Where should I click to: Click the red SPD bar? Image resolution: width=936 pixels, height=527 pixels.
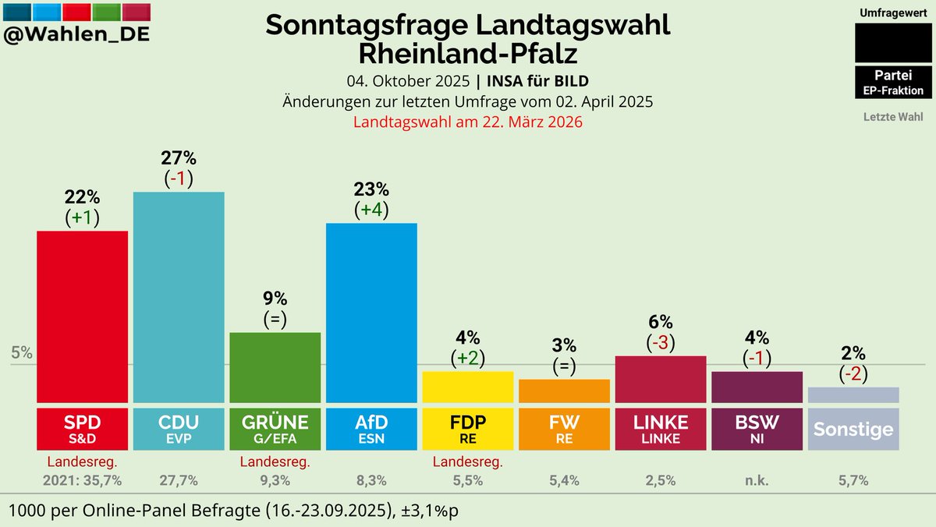pyautogui.click(x=83, y=316)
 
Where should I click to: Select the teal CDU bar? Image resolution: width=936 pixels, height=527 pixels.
pyautogui.click(x=179, y=296)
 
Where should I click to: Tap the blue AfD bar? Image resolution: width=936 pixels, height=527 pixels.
pyautogui.click(x=371, y=312)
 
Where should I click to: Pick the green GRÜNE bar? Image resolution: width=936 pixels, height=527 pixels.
pyautogui.click(x=275, y=366)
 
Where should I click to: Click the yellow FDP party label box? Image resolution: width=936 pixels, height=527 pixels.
pyautogui.click(x=467, y=428)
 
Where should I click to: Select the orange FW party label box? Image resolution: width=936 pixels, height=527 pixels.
pyautogui.click(x=564, y=428)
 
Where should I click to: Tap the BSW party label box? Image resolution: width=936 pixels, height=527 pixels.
pyautogui.click(x=757, y=428)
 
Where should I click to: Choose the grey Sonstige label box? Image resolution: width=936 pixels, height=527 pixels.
pyautogui.click(x=853, y=428)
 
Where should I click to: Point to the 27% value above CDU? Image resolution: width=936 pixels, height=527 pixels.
pyautogui.click(x=178, y=157)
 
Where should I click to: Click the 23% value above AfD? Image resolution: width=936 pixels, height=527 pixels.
pyautogui.click(x=371, y=189)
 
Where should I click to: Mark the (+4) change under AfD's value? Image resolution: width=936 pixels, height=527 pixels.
pyautogui.click(x=371, y=210)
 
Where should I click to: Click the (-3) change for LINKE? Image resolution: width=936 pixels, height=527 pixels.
pyautogui.click(x=661, y=342)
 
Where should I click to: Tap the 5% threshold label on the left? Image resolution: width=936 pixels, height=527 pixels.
pyautogui.click(x=22, y=352)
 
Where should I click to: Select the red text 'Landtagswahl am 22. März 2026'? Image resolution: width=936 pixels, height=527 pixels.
pyautogui.click(x=468, y=122)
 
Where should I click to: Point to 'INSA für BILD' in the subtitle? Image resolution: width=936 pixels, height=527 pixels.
pyautogui.click(x=538, y=82)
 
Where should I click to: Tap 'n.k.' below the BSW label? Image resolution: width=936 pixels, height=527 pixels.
pyautogui.click(x=757, y=480)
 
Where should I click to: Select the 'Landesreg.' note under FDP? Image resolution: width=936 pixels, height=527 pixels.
pyautogui.click(x=467, y=462)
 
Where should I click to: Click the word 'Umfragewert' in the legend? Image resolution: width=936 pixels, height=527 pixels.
pyautogui.click(x=893, y=13)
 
